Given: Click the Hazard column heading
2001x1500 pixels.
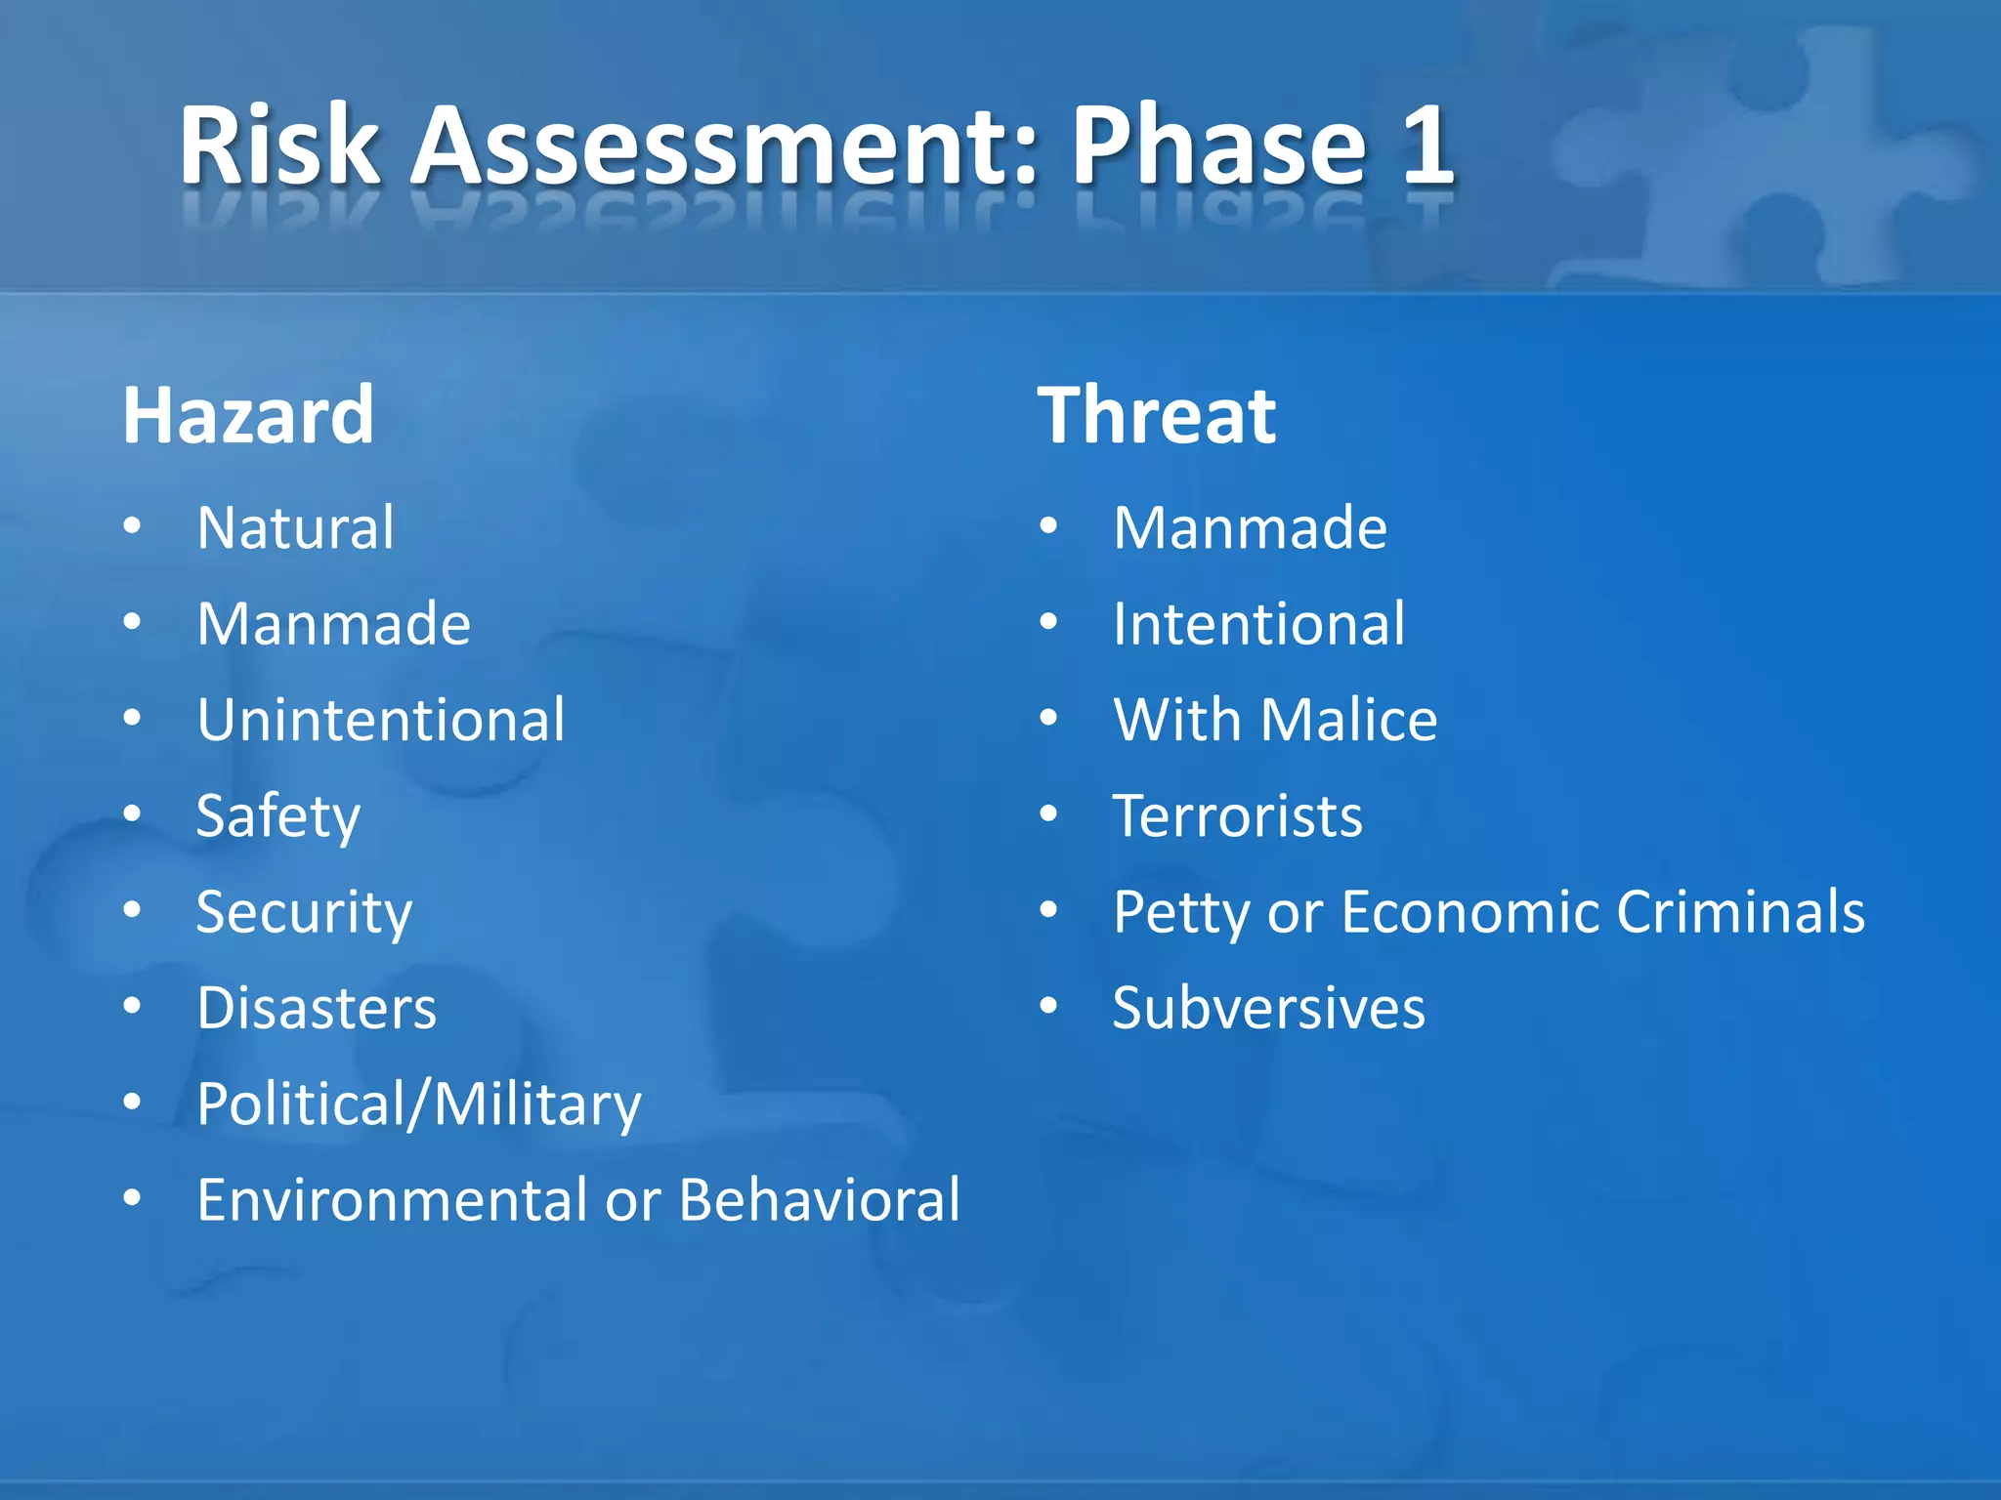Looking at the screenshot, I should click(248, 416).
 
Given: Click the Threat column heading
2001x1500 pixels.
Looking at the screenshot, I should click(1156, 416).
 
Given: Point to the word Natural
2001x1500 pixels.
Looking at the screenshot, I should click(295, 528).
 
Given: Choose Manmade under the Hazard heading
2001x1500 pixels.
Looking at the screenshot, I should click(333, 624).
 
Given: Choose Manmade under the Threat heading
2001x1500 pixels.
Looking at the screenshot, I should click(1250, 528).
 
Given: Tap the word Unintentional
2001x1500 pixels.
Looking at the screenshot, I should click(380, 720).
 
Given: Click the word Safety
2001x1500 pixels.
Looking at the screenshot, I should click(277, 816).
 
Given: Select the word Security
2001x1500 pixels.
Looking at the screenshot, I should click(304, 912).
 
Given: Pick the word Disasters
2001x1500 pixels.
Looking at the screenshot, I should click(317, 1008).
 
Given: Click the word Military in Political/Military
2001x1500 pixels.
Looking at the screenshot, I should click(536, 1104).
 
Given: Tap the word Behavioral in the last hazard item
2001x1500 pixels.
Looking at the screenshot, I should click(819, 1200).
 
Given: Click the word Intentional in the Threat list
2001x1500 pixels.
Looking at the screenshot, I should click(1258, 624).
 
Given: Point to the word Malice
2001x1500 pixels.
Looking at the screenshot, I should click(1348, 720).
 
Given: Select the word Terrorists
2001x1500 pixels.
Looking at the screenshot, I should click(1237, 816).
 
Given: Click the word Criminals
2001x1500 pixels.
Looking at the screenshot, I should click(1740, 912).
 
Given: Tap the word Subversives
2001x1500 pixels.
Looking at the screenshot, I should click(1268, 1008).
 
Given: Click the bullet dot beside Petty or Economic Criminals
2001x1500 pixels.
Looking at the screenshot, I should click(1049, 910).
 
